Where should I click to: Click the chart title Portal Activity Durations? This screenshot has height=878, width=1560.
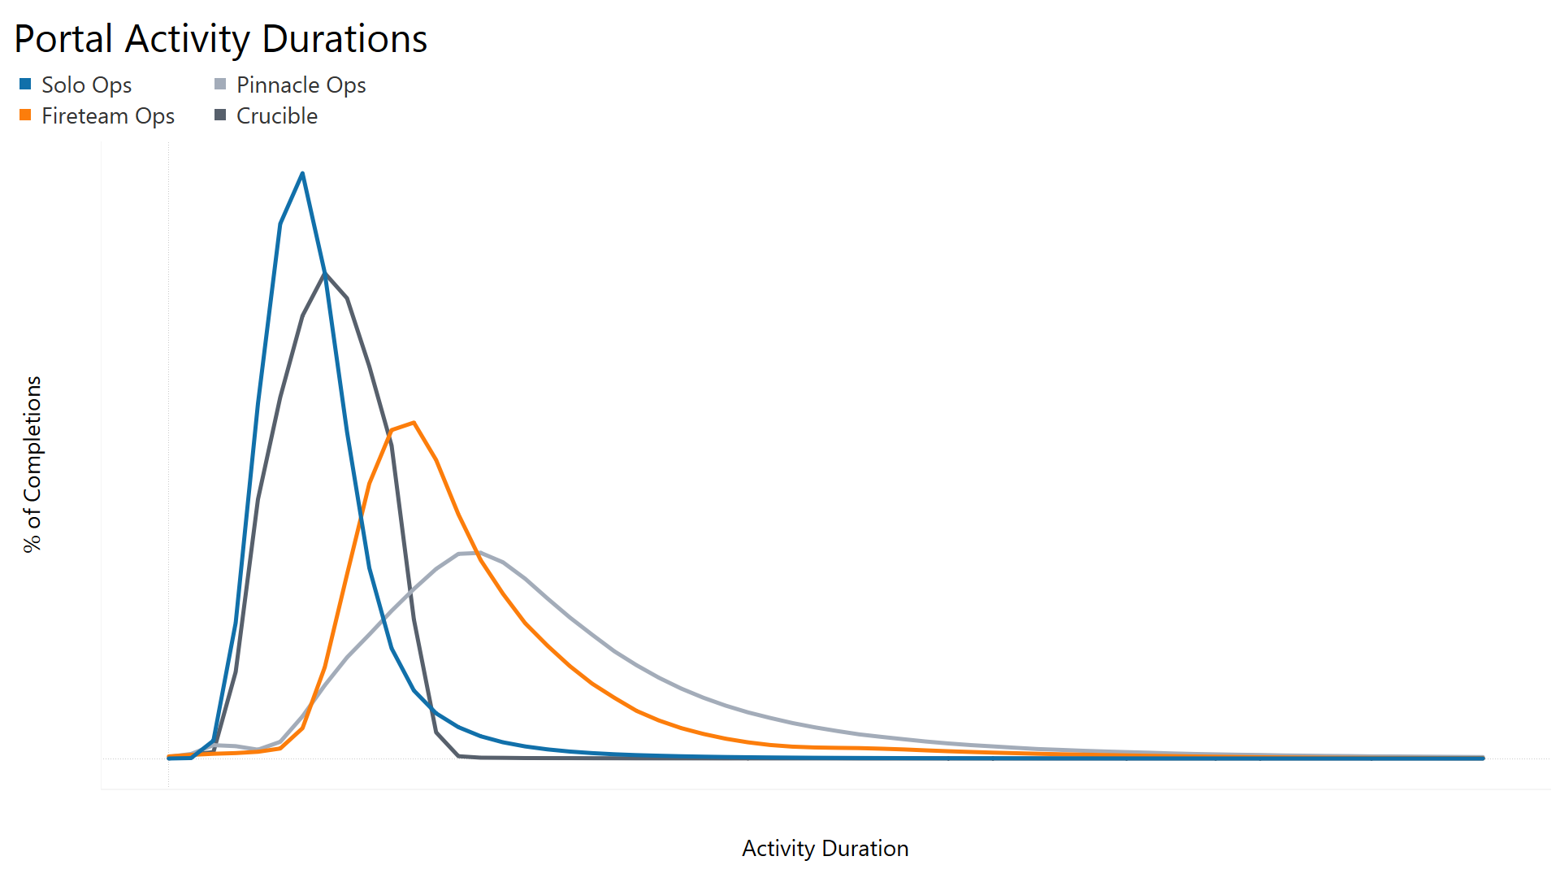pyautogui.click(x=220, y=39)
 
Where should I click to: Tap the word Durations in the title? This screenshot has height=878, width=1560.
pyautogui.click(x=344, y=39)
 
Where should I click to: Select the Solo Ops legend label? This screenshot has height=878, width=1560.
pyautogui.click(x=86, y=85)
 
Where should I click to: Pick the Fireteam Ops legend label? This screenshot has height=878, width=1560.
pyautogui.click(x=108, y=115)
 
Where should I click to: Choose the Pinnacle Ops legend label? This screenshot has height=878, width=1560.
pyautogui.click(x=301, y=85)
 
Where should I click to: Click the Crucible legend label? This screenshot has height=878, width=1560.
pyautogui.click(x=276, y=115)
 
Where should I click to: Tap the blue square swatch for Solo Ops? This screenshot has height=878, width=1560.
pyautogui.click(x=25, y=84)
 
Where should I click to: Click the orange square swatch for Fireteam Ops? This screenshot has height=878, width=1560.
pyautogui.click(x=25, y=115)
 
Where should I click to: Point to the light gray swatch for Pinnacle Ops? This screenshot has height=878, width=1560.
pyautogui.click(x=220, y=84)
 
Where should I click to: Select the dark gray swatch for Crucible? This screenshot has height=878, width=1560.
pyautogui.click(x=220, y=115)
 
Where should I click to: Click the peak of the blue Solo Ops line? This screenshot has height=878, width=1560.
pyautogui.click(x=302, y=173)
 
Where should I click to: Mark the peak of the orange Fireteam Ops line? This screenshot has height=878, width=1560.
pyautogui.click(x=414, y=423)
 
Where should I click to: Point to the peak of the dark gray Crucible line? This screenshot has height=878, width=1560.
pyautogui.click(x=325, y=273)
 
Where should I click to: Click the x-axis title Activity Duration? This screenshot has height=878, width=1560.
pyautogui.click(x=825, y=848)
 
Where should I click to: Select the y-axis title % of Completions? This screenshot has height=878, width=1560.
pyautogui.click(x=32, y=464)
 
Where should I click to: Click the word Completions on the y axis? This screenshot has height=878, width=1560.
pyautogui.click(x=32, y=440)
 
